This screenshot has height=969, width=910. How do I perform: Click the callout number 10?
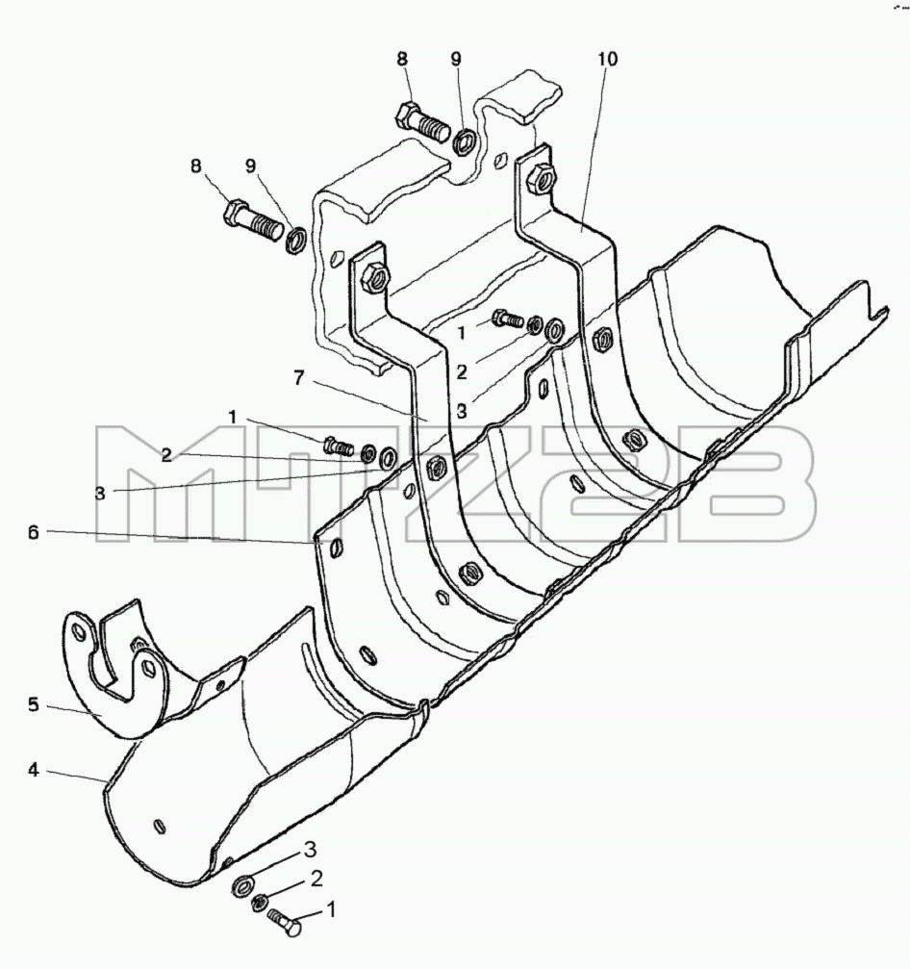point(607,60)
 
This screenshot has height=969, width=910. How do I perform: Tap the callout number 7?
point(299,377)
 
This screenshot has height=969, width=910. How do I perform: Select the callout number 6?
point(33,532)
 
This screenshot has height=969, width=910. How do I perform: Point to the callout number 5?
point(34,704)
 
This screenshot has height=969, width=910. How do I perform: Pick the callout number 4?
point(34,770)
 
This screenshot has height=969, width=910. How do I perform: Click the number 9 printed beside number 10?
point(456,60)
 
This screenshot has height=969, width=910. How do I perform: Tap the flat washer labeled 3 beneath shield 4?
point(240,887)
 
